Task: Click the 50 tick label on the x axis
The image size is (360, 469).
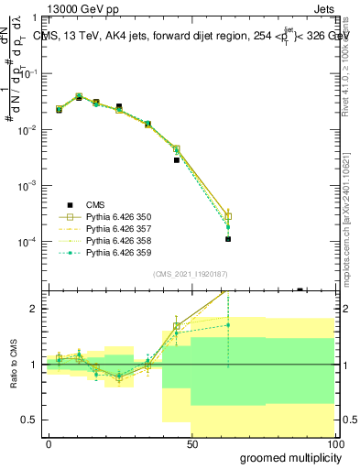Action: pyautogui.click(x=191, y=443)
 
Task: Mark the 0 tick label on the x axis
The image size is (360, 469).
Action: pyautogui.click(x=49, y=443)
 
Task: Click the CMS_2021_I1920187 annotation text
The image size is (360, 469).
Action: pyautogui.click(x=191, y=274)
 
